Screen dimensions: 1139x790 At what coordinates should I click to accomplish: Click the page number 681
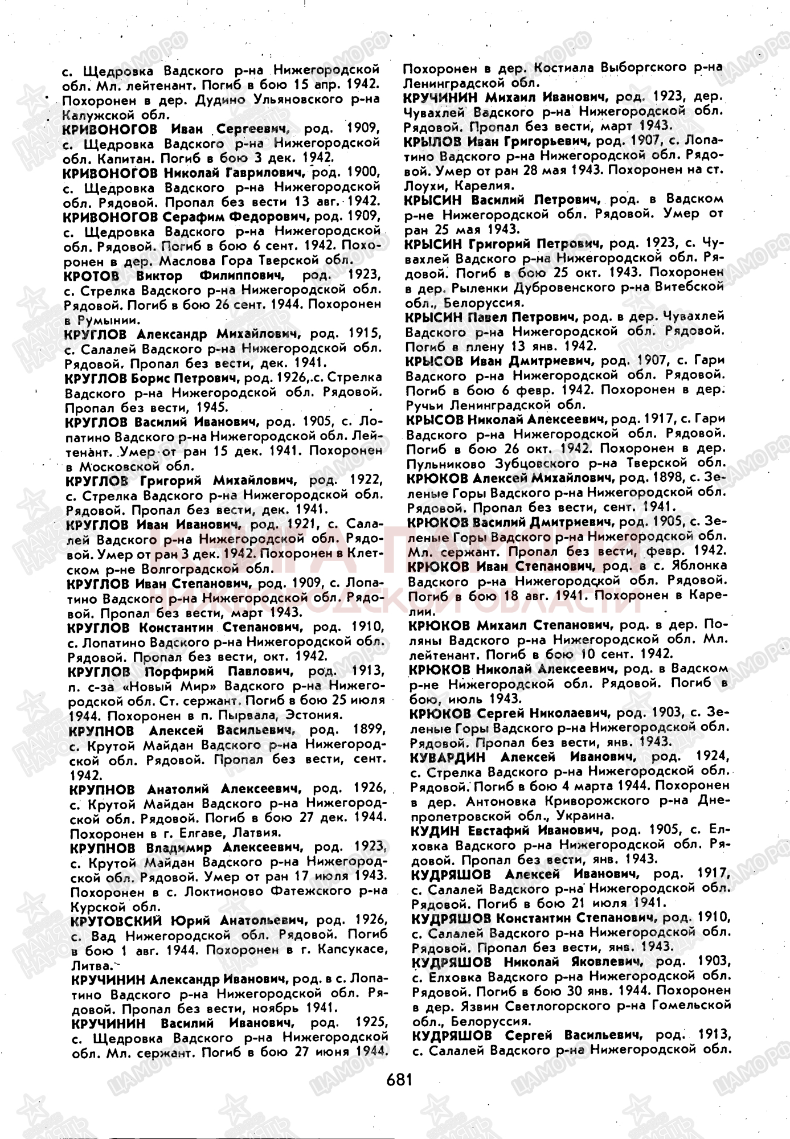coord(399,1079)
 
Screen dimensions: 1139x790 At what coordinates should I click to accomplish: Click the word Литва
coord(89,965)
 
